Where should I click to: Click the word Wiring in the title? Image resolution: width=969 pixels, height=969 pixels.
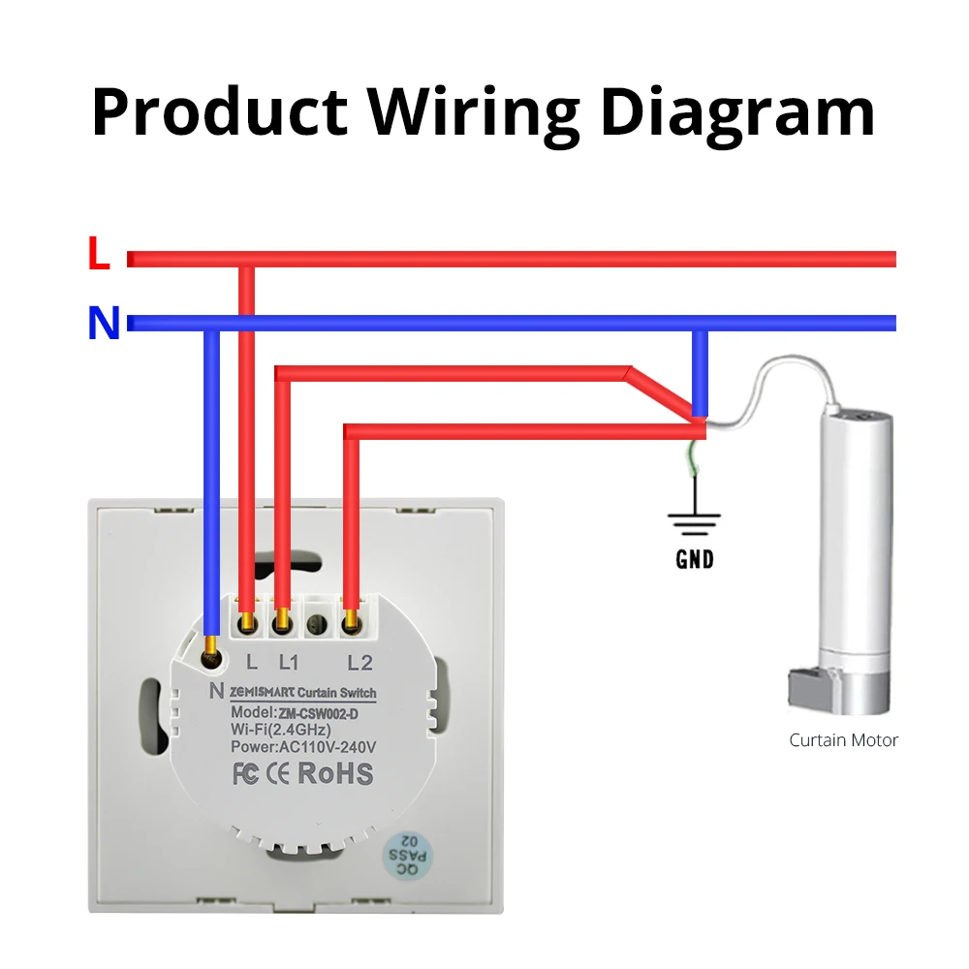tap(474, 113)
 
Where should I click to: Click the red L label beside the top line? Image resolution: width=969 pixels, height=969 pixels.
tap(99, 255)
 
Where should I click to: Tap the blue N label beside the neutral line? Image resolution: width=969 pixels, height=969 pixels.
tap(103, 324)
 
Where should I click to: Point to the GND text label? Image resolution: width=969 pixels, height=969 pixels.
tap(694, 559)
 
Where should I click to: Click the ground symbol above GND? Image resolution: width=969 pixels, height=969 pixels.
tap(694, 524)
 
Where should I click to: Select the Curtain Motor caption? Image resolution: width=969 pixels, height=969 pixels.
tap(843, 740)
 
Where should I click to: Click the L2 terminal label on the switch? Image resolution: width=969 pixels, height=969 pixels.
tap(359, 664)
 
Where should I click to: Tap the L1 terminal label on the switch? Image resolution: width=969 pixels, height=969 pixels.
tap(290, 664)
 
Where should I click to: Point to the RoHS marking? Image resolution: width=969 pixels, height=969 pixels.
tap(333, 774)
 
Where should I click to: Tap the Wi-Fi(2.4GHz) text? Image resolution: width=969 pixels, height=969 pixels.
tap(281, 729)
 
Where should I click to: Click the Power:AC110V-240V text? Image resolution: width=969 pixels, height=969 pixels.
tap(302, 745)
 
